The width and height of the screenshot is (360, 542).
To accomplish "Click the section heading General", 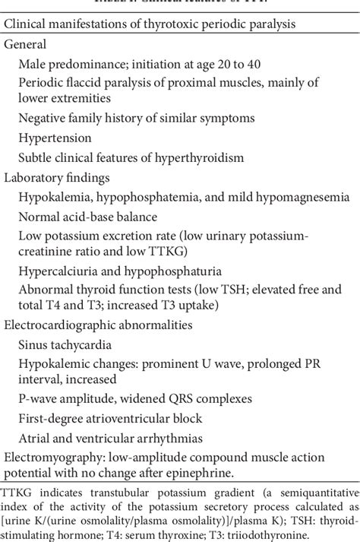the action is click(x=25, y=44).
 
